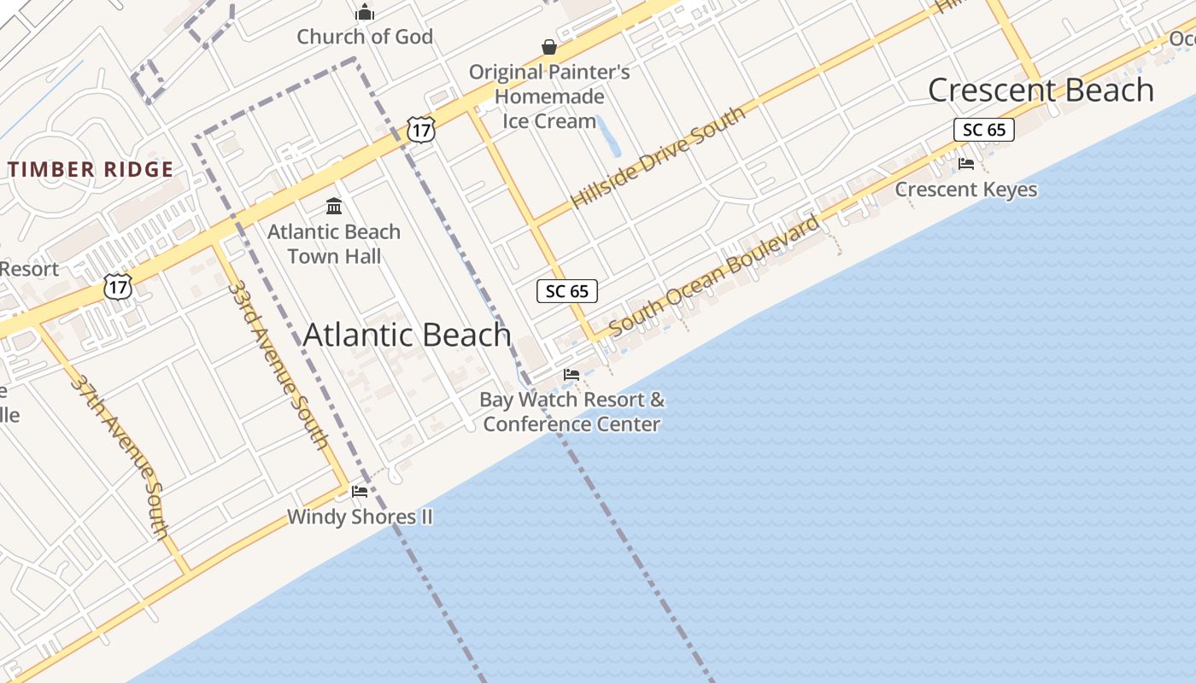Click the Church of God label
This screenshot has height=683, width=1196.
coord(365,37)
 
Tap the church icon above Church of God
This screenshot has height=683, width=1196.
coord(365,13)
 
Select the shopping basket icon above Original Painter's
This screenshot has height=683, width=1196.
coord(549,47)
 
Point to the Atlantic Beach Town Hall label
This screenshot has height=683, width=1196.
coord(334,244)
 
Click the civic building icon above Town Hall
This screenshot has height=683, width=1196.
coord(334,207)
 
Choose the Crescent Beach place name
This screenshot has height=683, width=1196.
coord(1041,90)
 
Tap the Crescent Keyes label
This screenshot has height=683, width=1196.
coord(966,190)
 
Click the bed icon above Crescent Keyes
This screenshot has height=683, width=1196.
coord(966,164)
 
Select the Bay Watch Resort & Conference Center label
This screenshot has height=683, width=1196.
coord(572,412)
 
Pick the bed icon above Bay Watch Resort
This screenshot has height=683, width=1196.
coord(572,375)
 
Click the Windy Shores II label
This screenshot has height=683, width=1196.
coord(360,517)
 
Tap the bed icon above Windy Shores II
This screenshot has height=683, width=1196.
coord(360,492)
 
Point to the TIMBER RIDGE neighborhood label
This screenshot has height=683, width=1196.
coord(91,169)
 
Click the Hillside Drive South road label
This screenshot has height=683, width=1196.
coord(658,157)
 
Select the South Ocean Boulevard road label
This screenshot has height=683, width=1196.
coord(714,275)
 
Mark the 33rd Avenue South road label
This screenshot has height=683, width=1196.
coord(278,363)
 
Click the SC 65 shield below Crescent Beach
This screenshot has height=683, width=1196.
coord(984,130)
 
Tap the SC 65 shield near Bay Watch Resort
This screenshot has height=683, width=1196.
coord(567,291)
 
